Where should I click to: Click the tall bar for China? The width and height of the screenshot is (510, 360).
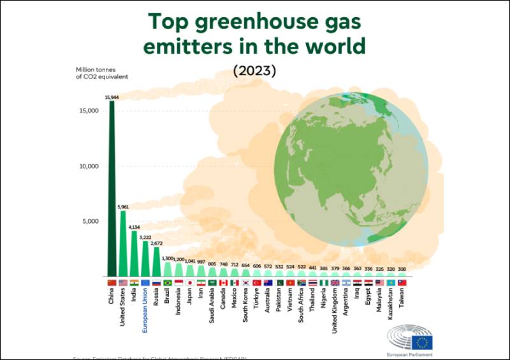pyautogui.click(x=112, y=191)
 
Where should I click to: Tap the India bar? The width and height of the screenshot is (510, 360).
pyautogui.click(x=134, y=255)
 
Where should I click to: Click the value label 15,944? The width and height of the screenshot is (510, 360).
pyautogui.click(x=112, y=97)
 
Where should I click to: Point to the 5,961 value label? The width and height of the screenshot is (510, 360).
pyautogui.click(x=123, y=206)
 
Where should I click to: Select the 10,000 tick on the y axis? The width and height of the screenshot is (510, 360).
pyautogui.click(x=87, y=166)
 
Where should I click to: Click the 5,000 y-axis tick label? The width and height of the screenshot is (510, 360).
pyautogui.click(x=89, y=222)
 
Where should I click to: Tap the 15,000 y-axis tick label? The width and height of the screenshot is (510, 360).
pyautogui.click(x=87, y=111)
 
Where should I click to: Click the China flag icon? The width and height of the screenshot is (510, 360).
pyautogui.click(x=112, y=282)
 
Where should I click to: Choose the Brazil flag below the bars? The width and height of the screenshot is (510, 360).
pyautogui.click(x=168, y=282)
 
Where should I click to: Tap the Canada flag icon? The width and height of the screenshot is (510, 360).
pyautogui.click(x=223, y=282)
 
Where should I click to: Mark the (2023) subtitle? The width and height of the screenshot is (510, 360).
pyautogui.click(x=254, y=71)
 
